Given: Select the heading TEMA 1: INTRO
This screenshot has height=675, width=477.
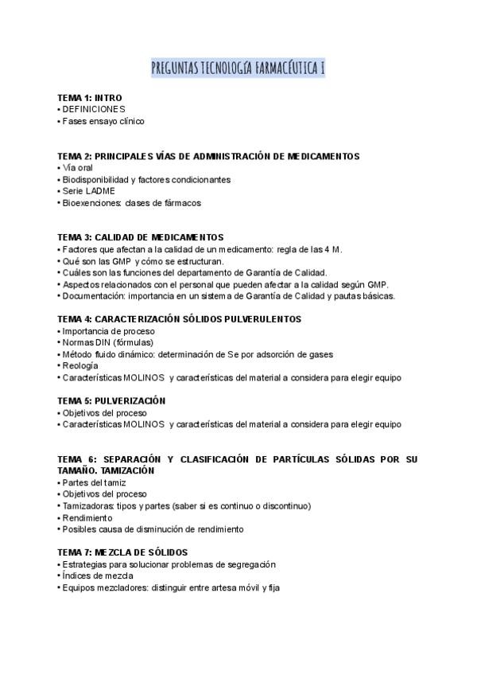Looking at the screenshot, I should point(90,97).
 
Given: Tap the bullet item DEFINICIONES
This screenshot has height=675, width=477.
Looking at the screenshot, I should point(93,109).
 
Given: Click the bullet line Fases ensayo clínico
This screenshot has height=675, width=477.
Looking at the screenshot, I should point(103,121).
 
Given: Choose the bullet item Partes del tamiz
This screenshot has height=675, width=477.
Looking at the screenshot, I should point(95,482).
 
